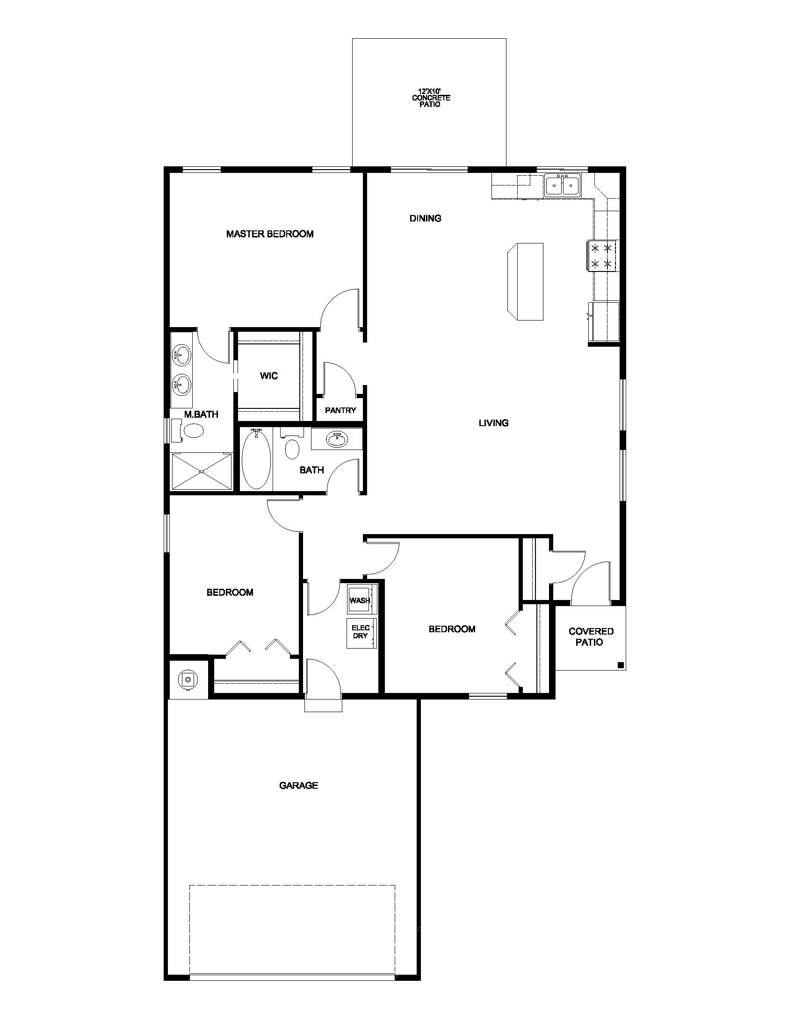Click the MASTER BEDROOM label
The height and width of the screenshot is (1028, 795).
(x=270, y=234)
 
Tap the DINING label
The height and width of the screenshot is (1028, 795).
(x=425, y=218)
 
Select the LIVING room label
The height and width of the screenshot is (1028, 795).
(x=493, y=423)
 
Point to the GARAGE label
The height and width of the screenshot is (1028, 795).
(x=299, y=785)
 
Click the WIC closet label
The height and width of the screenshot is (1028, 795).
(x=269, y=376)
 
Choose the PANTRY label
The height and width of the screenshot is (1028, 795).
(x=340, y=410)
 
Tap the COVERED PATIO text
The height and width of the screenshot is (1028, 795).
(x=591, y=636)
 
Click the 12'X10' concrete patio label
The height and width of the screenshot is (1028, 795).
(x=431, y=98)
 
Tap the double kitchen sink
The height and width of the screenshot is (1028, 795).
(x=564, y=185)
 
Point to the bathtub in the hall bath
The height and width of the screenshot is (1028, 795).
(x=257, y=459)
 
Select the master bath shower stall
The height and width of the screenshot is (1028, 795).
(x=202, y=472)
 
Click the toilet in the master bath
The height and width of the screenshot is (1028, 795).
(x=188, y=430)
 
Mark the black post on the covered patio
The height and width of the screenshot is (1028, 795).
(x=620, y=665)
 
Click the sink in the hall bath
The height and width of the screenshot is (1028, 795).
(x=336, y=439)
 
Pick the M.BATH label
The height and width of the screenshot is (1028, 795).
(x=201, y=414)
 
